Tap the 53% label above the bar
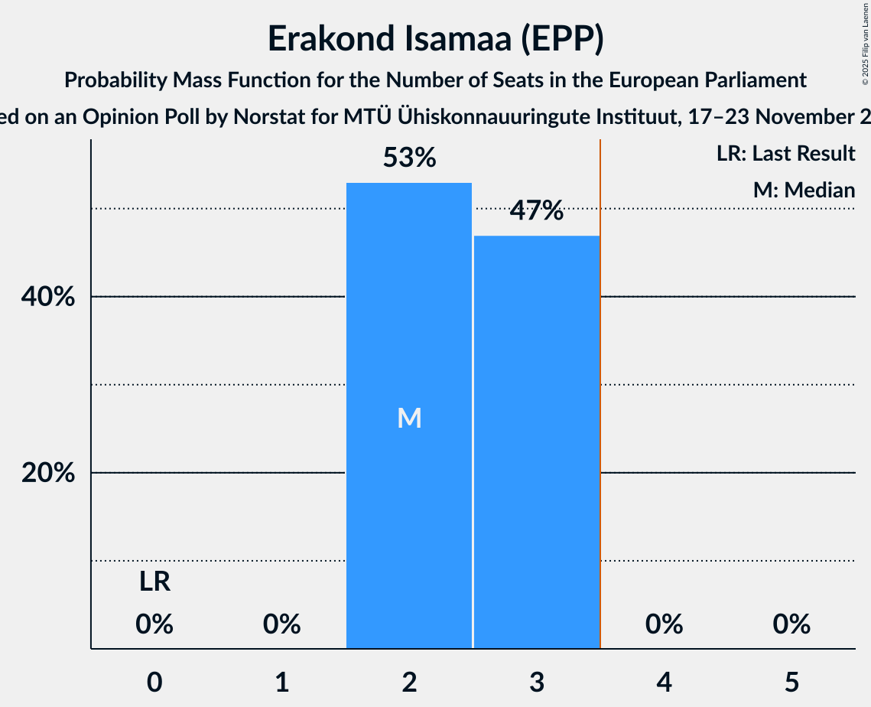(409, 158)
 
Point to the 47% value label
(536, 210)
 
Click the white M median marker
(409, 418)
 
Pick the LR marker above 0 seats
(154, 583)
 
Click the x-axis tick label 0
(154, 682)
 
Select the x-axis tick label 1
(281, 682)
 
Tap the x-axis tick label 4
(664, 682)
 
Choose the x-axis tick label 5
(791, 682)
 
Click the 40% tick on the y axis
(47, 298)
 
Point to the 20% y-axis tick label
(47, 474)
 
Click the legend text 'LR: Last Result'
(785, 154)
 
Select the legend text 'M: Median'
(804, 190)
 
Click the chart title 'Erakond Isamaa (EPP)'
(435, 40)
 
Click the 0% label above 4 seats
(664, 625)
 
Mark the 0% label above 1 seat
(281, 625)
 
